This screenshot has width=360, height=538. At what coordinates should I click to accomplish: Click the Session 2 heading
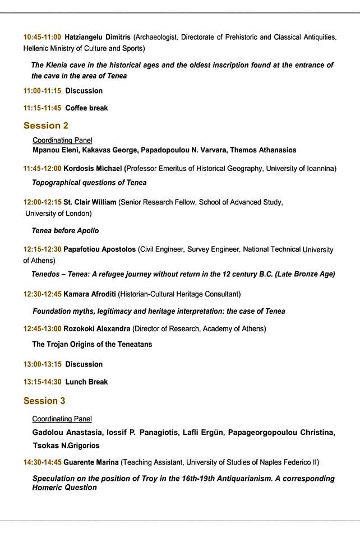point(46,126)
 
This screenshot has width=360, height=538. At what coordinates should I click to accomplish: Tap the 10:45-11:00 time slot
point(42,37)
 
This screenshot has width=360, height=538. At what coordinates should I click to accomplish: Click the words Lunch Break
point(86,382)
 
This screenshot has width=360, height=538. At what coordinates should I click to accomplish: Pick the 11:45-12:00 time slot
point(43,168)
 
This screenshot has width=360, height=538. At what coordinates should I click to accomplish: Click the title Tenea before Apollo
point(65,230)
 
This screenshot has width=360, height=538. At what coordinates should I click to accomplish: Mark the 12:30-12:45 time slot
point(43,294)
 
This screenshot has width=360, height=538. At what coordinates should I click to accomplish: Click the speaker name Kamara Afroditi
point(90,294)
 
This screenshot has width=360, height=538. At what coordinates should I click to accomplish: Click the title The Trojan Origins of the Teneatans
point(92,344)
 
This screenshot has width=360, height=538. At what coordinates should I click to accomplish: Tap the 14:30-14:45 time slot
point(43,462)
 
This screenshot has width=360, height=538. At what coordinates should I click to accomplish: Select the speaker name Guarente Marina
point(91,462)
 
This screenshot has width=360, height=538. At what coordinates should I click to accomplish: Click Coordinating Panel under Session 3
point(62,419)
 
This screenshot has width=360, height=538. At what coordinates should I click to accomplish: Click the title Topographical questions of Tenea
point(89,182)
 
